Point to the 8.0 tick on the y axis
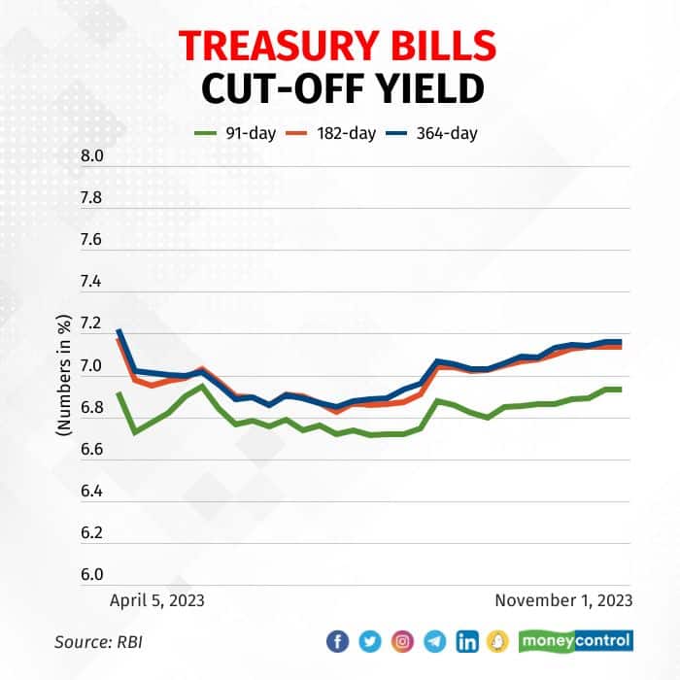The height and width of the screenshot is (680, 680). point(90,156)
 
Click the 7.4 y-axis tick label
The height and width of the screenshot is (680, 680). point(90,282)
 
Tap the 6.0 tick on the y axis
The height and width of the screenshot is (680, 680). point(90,574)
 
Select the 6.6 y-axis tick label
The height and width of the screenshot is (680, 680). point(90,449)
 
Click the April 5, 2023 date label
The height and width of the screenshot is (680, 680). point(156,600)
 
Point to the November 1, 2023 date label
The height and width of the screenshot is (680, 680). point(563,600)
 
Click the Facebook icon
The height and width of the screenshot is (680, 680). point(337,641)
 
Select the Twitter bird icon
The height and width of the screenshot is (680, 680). point(370,641)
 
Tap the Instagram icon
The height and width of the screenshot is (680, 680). point(402,641)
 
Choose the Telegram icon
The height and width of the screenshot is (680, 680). point(434,641)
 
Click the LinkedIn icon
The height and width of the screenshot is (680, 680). point(467,641)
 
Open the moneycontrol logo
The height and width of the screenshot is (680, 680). point(575,641)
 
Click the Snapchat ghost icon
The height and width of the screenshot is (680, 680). point(498,641)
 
